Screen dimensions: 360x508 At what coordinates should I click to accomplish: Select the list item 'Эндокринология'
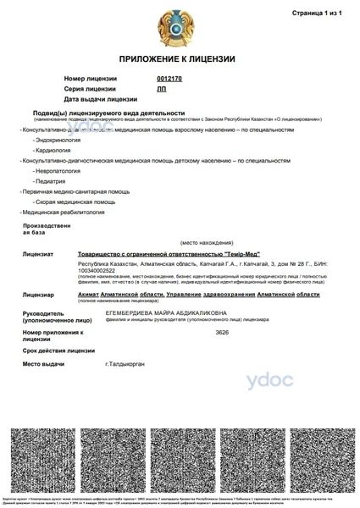click(55, 140)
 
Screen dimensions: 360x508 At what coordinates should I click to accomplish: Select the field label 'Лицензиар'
click(38, 295)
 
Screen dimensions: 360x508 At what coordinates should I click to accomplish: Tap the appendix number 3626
click(222, 334)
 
